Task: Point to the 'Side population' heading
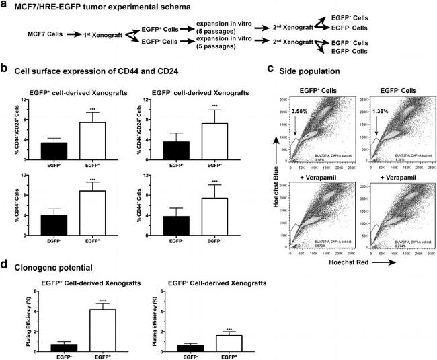click(x=313, y=70)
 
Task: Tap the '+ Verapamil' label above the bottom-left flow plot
click(x=323, y=176)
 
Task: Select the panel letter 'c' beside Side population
click(x=270, y=69)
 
